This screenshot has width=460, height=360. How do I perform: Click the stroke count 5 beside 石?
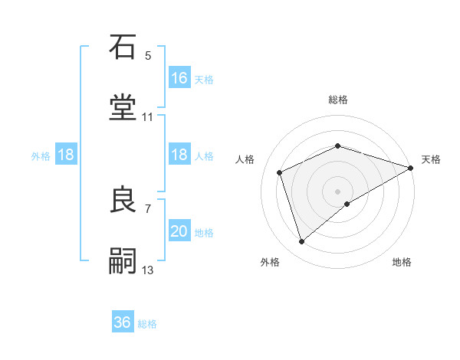point(148,56)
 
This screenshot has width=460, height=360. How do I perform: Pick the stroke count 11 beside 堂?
point(148,117)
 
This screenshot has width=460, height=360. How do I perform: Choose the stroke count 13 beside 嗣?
point(148,270)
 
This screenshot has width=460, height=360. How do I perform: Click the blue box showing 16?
point(179,77)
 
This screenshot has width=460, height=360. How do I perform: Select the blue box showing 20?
point(179,231)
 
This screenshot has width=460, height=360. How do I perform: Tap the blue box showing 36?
point(123,322)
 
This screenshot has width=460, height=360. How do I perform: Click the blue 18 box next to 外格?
point(66,155)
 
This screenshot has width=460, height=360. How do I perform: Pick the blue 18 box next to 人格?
point(179,155)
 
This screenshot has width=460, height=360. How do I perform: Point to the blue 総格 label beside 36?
point(147,324)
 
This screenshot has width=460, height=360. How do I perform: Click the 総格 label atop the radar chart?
point(338,100)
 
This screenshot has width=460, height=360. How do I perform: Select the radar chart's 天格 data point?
point(412,168)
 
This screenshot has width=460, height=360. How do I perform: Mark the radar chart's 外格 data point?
point(301,242)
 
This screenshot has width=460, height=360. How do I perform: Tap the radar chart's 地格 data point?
point(347,204)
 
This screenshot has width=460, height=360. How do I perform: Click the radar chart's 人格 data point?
point(280,172)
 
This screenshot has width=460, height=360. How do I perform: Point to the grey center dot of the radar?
point(338,191)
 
